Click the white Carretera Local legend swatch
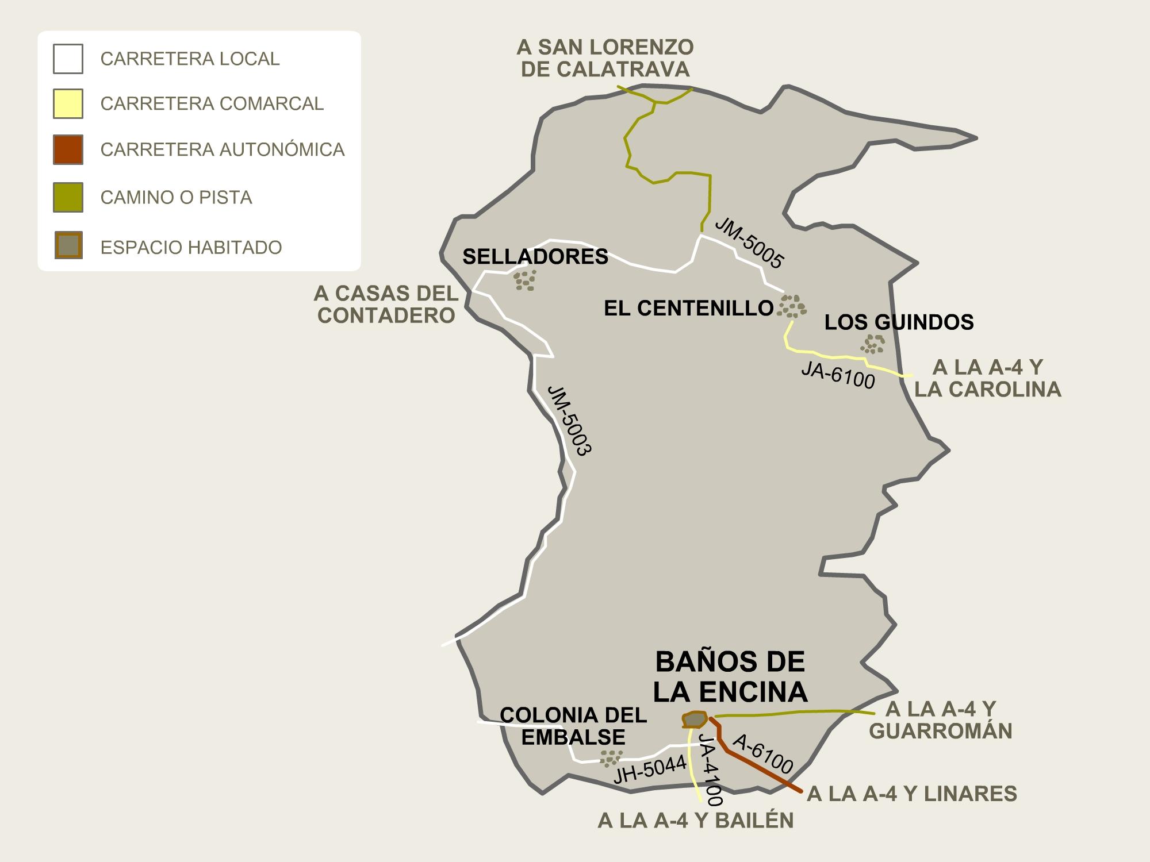(x=68, y=59)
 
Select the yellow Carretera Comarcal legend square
(x=68, y=103)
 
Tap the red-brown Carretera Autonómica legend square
(x=68, y=149)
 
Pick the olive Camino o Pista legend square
(x=68, y=197)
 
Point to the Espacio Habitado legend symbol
(x=68, y=245)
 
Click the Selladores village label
(x=535, y=257)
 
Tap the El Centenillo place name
(x=688, y=309)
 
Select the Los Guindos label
(x=899, y=322)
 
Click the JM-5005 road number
(x=749, y=243)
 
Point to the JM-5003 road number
(x=569, y=421)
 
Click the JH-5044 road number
(x=650, y=769)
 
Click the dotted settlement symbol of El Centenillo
(x=792, y=306)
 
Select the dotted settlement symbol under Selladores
(x=524, y=280)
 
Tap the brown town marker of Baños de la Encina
(x=695, y=719)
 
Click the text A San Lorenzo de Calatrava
(x=605, y=58)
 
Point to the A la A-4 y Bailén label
(x=696, y=821)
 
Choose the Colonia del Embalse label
(x=573, y=726)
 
